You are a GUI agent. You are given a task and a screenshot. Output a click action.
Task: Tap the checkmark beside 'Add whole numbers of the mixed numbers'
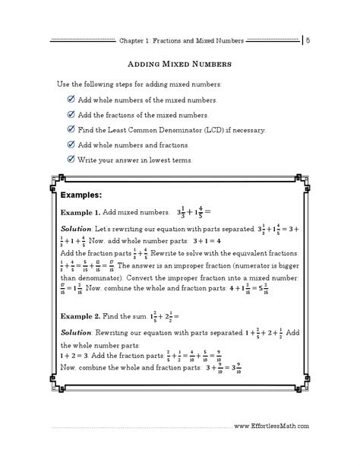(71, 100)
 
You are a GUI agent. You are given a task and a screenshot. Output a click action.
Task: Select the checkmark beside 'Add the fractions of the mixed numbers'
(71, 114)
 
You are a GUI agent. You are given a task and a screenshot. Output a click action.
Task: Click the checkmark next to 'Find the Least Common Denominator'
(71, 129)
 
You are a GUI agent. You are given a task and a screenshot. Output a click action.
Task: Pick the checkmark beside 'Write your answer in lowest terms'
(71, 159)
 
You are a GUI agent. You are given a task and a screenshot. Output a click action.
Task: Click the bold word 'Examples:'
(81, 194)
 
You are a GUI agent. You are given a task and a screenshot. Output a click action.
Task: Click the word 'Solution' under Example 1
(76, 229)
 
